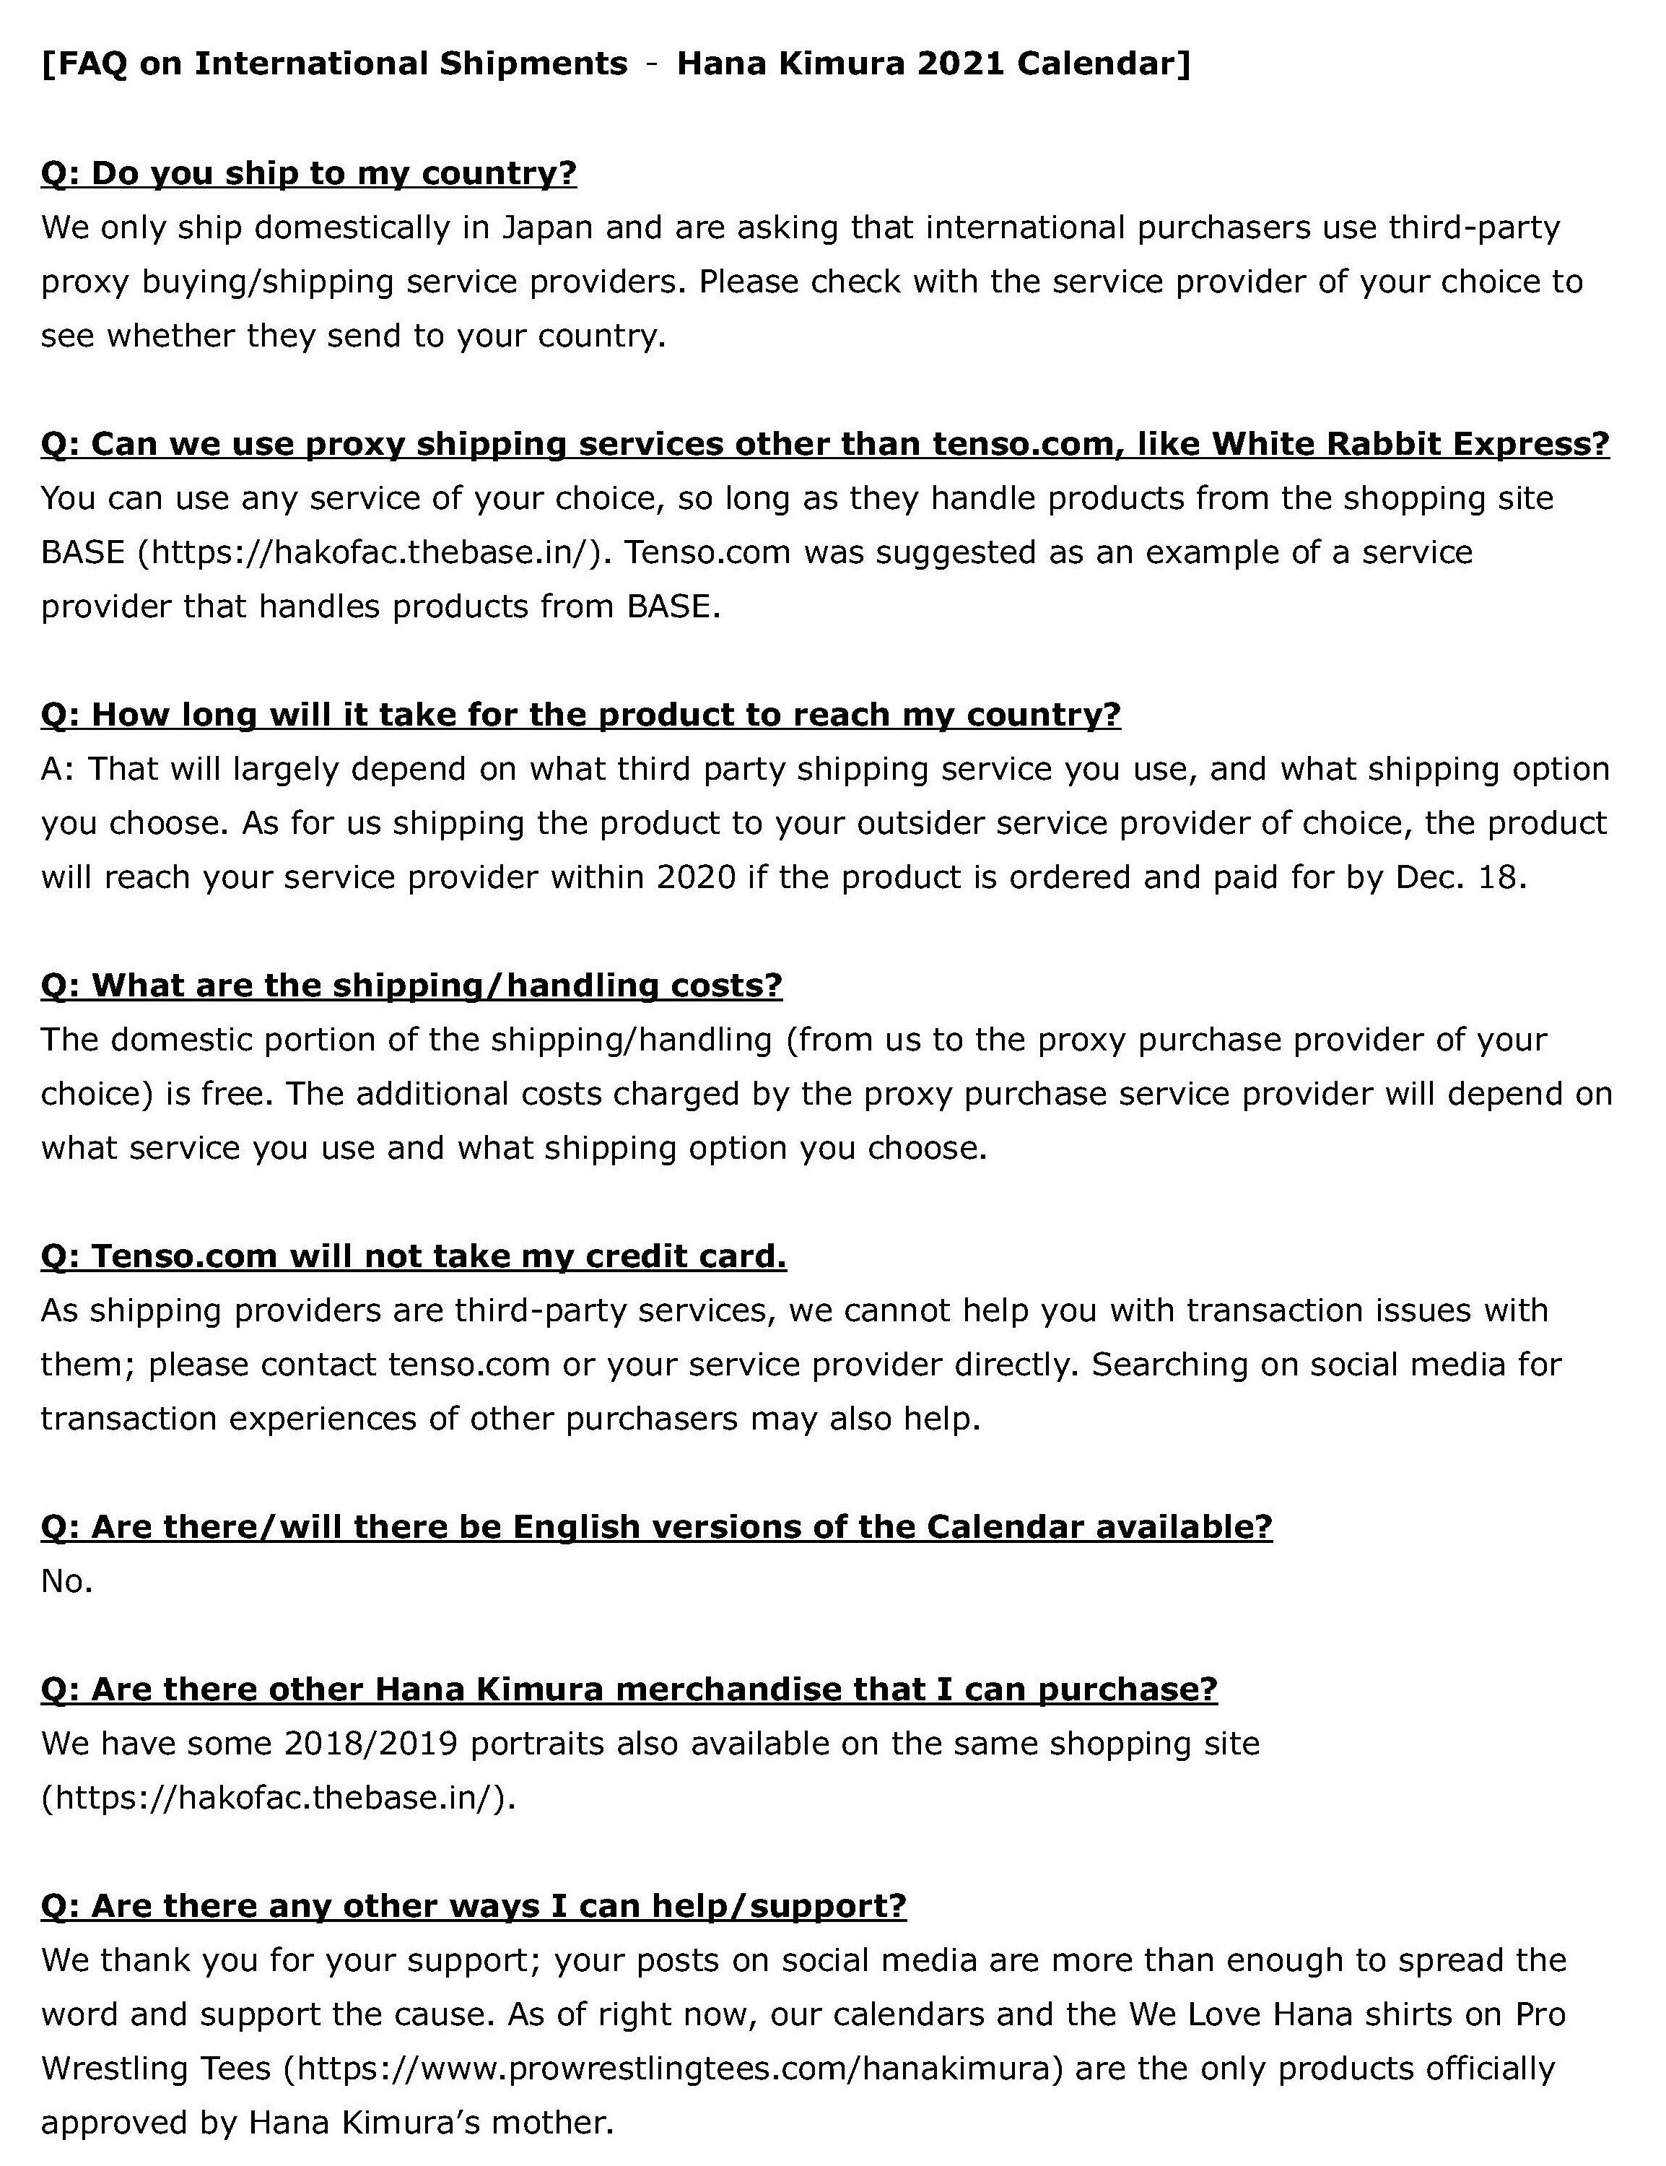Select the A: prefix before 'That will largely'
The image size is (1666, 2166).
(x=58, y=770)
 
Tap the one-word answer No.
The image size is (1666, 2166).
(x=66, y=1581)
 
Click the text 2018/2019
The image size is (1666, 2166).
(x=370, y=1744)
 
